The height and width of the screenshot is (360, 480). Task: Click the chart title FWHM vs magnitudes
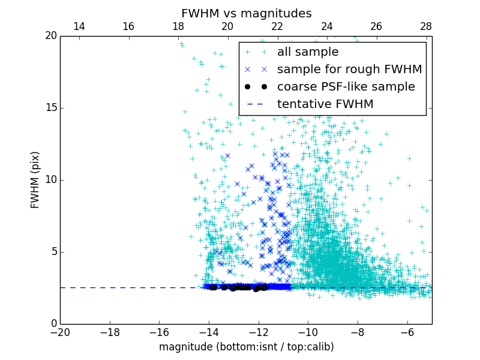pos(246,13)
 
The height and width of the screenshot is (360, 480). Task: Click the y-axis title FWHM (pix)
pos(35,179)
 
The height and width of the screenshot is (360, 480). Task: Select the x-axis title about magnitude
pos(246,347)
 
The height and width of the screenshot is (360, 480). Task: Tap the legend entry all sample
pos(307,52)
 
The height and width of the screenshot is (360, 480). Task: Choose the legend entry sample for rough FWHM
pos(349,70)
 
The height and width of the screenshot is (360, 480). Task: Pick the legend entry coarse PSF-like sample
pos(346,87)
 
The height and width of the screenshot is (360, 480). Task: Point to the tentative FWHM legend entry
pos(325,104)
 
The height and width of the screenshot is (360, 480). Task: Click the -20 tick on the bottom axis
pos(60,332)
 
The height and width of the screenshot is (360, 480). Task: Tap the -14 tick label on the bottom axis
pos(209,332)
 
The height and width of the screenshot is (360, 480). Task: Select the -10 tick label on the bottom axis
pos(308,332)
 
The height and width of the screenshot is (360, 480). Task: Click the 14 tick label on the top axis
pos(79,26)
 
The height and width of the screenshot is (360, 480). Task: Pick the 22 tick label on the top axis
pos(277,26)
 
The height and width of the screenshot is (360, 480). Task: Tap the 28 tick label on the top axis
pos(426,26)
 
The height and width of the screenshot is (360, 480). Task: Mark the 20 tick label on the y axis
pos(50,36)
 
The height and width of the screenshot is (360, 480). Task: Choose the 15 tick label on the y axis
pos(50,108)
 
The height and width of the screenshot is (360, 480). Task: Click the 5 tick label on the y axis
pos(52,252)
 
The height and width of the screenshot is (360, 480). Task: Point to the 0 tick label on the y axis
pos(52,324)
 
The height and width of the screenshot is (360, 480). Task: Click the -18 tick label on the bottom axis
pos(110,332)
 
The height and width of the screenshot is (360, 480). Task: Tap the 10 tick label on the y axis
pos(50,180)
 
